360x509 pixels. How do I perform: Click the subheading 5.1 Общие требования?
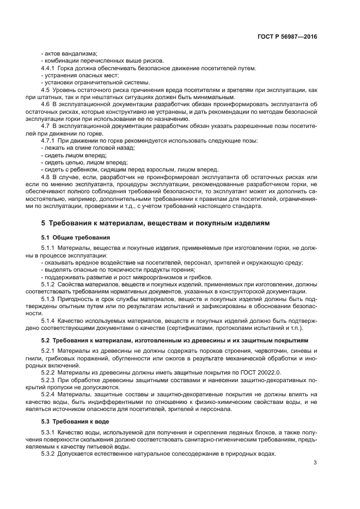pyautogui.click(x=76, y=238)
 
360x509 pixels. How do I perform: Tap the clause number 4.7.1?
pyautogui.click(x=50, y=141)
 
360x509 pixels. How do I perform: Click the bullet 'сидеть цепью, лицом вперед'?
pyautogui.click(x=85, y=162)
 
